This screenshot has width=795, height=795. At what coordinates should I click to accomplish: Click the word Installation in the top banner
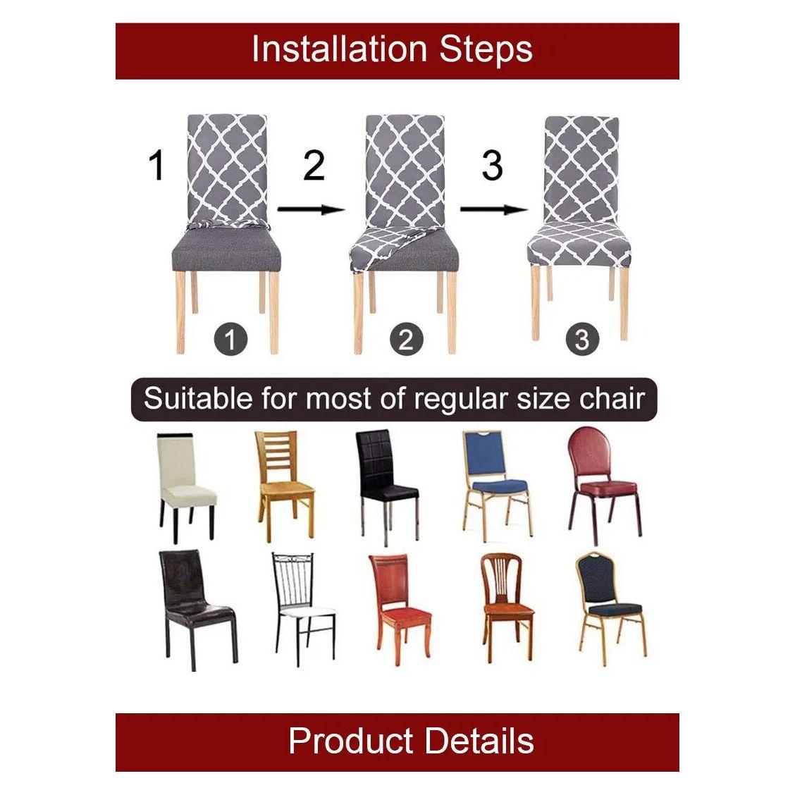(339, 49)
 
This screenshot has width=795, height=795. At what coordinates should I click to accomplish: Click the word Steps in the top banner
(486, 49)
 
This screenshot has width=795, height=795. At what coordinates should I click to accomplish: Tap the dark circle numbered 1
(230, 339)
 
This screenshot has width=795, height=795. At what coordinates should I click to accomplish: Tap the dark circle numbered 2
(406, 339)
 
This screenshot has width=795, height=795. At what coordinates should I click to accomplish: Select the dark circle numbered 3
(583, 339)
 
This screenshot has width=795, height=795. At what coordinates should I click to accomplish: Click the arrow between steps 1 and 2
(312, 209)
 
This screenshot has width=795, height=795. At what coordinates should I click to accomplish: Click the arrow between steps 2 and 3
(493, 209)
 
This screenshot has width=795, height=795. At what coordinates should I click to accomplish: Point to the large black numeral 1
(156, 165)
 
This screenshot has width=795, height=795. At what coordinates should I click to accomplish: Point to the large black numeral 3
(493, 165)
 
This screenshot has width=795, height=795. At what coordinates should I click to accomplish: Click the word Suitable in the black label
(198, 398)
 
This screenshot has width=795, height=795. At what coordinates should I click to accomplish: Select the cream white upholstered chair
(185, 488)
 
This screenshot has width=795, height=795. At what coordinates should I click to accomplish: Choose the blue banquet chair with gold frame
(496, 486)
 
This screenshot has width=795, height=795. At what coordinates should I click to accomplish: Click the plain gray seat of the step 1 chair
(227, 250)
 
